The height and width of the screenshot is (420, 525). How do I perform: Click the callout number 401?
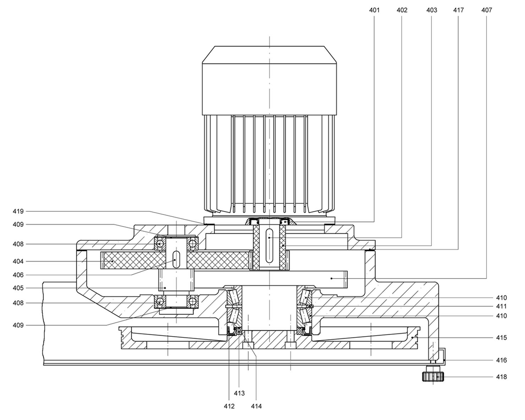click(x=374, y=10)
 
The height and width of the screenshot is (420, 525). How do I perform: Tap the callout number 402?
click(x=402, y=10)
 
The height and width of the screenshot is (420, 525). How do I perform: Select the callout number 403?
click(x=432, y=10)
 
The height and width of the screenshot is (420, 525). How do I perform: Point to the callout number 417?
click(x=458, y=10)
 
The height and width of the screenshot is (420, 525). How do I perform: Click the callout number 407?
click(x=487, y=10)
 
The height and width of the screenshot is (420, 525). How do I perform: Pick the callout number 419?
click(x=18, y=211)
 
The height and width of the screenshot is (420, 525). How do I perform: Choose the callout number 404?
click(x=18, y=261)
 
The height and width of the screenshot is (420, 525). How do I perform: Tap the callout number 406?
click(x=18, y=275)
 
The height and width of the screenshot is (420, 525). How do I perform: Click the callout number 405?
click(x=18, y=288)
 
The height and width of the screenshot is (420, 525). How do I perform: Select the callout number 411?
click(x=501, y=306)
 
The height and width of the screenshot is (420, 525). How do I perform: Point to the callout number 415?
click(x=501, y=337)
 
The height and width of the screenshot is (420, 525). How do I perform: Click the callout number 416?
click(x=501, y=360)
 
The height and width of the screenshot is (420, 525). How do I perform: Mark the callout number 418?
click(x=501, y=377)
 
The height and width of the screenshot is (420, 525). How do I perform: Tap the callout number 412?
click(x=229, y=406)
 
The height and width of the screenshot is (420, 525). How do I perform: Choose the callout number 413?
click(x=239, y=393)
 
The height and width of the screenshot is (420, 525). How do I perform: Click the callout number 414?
click(x=256, y=406)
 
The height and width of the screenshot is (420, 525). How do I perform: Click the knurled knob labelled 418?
click(x=433, y=377)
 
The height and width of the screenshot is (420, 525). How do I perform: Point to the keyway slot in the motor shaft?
click(x=269, y=240)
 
